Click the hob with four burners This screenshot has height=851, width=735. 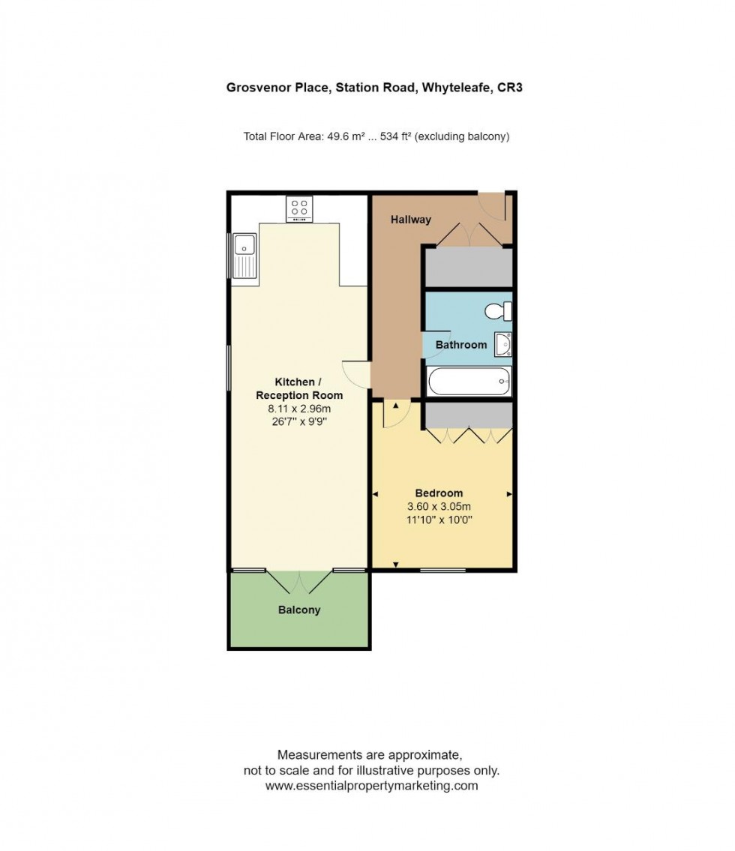(x=300, y=209)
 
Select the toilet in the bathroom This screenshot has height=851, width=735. (x=498, y=311)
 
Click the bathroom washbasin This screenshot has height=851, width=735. (x=503, y=345)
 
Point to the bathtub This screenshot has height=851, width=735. (x=469, y=382)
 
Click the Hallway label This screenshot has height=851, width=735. (x=411, y=220)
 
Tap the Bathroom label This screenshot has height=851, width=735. (x=460, y=345)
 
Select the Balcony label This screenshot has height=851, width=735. (x=299, y=610)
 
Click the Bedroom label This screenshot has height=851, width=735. (x=439, y=493)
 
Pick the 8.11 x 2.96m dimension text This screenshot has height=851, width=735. (x=299, y=409)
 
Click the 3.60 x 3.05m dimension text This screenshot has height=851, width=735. (x=439, y=506)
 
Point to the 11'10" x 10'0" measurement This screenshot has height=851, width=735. (x=439, y=520)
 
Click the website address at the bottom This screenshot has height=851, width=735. (x=372, y=785)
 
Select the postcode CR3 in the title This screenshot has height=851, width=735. (x=510, y=88)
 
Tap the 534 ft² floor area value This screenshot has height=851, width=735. (x=396, y=136)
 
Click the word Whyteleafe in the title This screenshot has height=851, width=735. (x=456, y=88)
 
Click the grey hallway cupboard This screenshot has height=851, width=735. (x=469, y=267)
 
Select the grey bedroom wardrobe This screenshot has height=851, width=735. (x=469, y=415)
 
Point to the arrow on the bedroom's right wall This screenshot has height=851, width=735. (x=509, y=494)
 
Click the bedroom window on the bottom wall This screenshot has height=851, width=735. (x=443, y=570)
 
